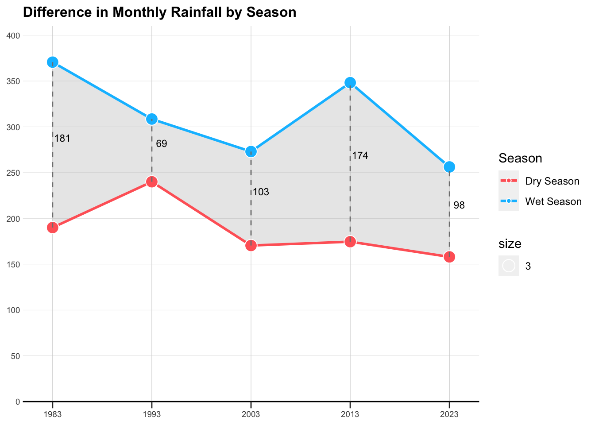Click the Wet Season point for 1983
coord(53,62)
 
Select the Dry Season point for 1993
coord(152,182)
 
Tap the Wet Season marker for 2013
coord(350,82)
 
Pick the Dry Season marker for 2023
coord(449,257)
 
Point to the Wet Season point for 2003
coord(251,151)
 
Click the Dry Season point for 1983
coord(53,228)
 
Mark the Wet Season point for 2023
coord(449,166)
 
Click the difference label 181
coord(62,139)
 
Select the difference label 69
coord(162,144)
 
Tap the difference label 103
coord(261,192)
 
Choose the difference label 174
coord(360,156)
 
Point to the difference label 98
coord(459,205)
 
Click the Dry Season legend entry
coord(552,181)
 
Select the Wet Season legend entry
coord(553,201)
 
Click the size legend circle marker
coord(509,266)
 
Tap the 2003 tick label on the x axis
coord(251,415)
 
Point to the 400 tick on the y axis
coord(15,35)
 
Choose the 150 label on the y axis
coord(15,264)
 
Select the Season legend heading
coord(520,158)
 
